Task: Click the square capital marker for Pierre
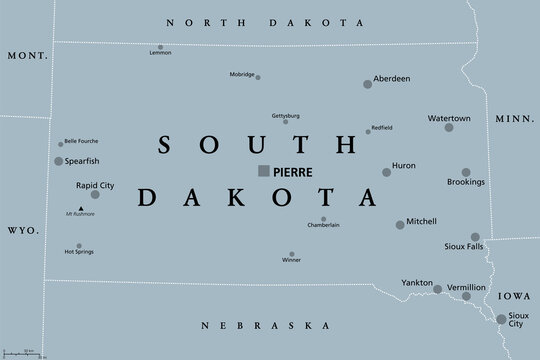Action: tap(263, 171)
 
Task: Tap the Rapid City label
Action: tap(94, 184)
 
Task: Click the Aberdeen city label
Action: tap(391, 77)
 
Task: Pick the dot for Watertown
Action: tap(449, 127)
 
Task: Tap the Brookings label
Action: tap(467, 182)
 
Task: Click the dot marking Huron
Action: tap(387, 172)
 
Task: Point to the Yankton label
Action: tap(416, 282)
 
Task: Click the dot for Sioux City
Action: tap(501, 319)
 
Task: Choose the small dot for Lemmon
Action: tap(160, 46)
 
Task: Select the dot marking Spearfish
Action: tap(59, 161)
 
